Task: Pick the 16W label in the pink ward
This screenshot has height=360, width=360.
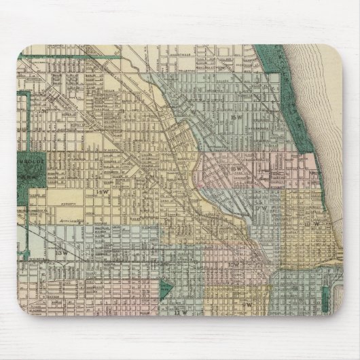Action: pyautogui.click(x=237, y=164)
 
